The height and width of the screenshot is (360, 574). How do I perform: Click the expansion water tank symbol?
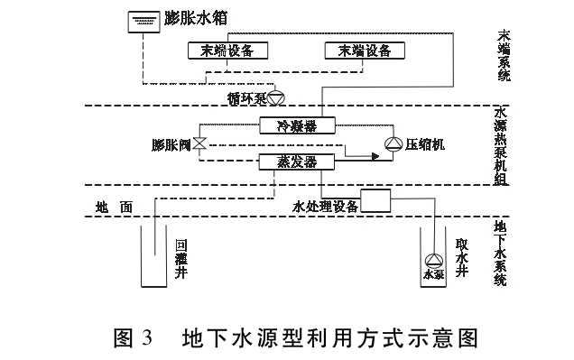click(138, 19)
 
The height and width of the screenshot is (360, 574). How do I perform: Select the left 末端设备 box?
click(222, 51)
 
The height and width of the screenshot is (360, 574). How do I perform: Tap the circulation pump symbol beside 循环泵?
click(276, 95)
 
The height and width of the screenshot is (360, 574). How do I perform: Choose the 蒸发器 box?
click(297, 162)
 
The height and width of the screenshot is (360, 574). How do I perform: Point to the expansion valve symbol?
click(200, 143)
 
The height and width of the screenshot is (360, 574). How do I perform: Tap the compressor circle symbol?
click(392, 143)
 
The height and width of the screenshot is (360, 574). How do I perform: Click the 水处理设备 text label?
click(326, 206)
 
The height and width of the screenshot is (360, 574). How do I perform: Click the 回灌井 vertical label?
click(181, 257)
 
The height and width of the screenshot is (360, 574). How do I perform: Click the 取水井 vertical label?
click(461, 257)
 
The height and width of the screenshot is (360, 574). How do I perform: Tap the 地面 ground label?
click(114, 207)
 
